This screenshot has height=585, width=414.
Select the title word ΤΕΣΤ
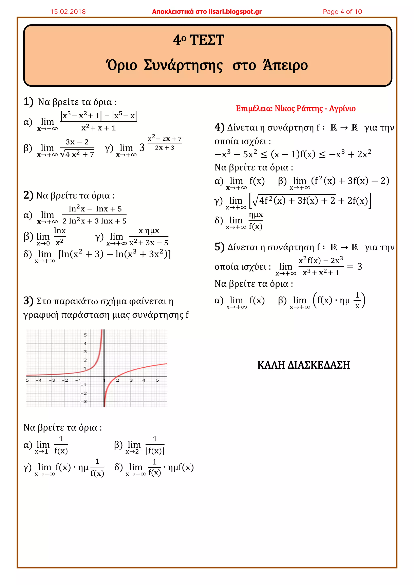(x=207, y=40)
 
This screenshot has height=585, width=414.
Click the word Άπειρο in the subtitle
(x=285, y=65)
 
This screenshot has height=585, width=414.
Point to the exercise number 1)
(x=28, y=101)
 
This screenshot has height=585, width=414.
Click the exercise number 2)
(x=28, y=195)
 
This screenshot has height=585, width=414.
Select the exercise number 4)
(x=219, y=127)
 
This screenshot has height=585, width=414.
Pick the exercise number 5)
(x=219, y=247)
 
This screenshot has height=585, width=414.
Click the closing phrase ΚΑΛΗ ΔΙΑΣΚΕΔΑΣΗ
(x=303, y=365)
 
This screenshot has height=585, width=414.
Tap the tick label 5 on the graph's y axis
(x=85, y=335)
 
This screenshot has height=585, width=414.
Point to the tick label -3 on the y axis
(x=84, y=402)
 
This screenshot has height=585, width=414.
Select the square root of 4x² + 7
(x=77, y=154)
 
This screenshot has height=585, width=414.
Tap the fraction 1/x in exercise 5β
(x=357, y=300)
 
